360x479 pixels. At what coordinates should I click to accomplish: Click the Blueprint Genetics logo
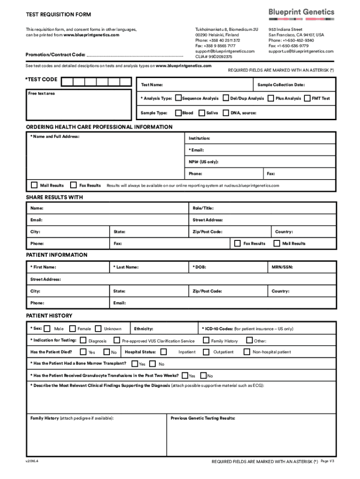tap(301, 13)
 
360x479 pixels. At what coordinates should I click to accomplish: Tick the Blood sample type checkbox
tap(178, 113)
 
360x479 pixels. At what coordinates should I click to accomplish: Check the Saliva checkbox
tap(202, 113)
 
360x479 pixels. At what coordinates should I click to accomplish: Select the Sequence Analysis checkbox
tap(178, 98)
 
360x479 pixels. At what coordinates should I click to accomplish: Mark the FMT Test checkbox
tap(307, 98)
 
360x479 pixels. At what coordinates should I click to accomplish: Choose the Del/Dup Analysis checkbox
tap(226, 98)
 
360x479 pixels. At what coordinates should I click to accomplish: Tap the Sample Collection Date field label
tap(281, 85)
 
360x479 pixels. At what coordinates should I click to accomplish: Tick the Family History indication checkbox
tap(206, 341)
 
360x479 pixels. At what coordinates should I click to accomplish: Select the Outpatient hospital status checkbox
tap(206, 352)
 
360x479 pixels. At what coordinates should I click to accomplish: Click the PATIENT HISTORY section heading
tap(49, 316)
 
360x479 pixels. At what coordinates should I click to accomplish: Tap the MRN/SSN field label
tap(282, 267)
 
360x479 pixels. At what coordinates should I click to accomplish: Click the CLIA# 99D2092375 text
tap(214, 57)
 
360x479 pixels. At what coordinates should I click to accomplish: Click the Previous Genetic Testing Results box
tap(252, 435)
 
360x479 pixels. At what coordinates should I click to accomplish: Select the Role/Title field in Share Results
tap(263, 208)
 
